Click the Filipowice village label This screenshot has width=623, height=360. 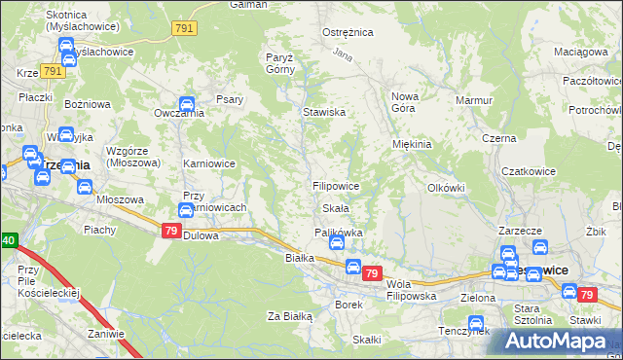tap(336, 185)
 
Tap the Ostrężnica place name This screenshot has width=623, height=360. tap(348, 32)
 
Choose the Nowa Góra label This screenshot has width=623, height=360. tap(404, 102)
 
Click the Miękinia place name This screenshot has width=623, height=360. tap(412, 144)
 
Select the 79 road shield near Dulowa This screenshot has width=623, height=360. tap(170, 230)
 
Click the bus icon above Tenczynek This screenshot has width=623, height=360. tap(476, 323)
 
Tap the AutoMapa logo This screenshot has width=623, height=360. tap(556, 342)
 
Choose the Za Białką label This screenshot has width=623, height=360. tap(289, 316)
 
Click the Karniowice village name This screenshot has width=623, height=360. tap(209, 163)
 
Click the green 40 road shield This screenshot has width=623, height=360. tap(8, 240)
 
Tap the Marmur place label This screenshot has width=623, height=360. tap(474, 100)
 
